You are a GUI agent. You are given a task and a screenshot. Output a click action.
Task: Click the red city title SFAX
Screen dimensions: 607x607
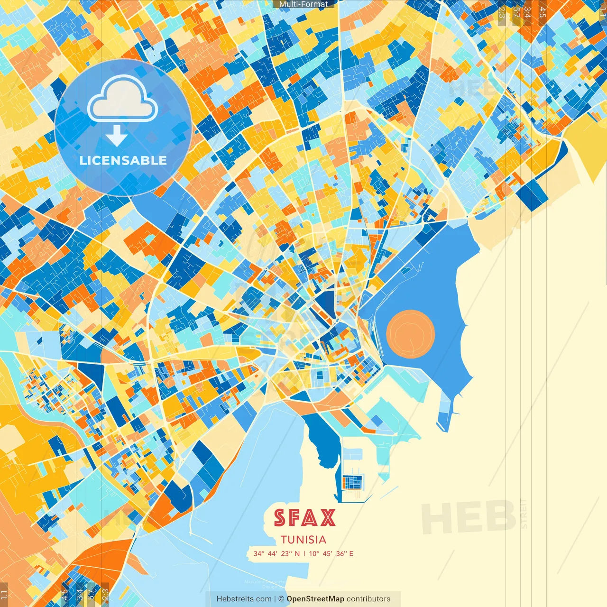(x=304, y=518)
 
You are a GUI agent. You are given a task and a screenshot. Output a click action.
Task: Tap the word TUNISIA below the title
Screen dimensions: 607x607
(x=303, y=540)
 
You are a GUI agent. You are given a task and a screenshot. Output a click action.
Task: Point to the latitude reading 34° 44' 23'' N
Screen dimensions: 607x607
(x=276, y=553)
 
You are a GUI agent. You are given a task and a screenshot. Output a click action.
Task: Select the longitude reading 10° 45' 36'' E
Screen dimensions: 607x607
(x=331, y=553)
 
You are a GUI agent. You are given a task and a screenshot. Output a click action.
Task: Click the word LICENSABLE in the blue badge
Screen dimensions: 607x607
(x=123, y=160)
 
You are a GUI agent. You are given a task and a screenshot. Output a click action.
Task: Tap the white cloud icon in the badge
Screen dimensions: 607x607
(x=122, y=99)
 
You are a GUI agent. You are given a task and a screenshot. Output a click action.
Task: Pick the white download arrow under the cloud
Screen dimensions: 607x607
(x=116, y=136)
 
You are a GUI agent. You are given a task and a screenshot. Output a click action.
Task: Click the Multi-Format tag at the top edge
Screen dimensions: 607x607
(x=303, y=4)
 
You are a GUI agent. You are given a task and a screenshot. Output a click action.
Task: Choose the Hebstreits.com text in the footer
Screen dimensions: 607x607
(x=244, y=599)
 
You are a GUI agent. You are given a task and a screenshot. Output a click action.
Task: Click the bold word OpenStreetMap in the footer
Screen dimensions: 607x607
(x=315, y=599)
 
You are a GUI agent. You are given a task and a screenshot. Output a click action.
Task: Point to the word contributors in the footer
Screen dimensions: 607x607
(x=368, y=599)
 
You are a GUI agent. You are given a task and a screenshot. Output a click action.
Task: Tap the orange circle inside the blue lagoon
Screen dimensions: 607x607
(x=410, y=334)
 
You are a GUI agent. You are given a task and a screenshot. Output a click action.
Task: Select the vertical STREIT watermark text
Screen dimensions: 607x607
(x=524, y=514)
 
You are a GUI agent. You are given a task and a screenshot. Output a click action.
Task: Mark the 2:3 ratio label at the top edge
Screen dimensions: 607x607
(x=502, y=12)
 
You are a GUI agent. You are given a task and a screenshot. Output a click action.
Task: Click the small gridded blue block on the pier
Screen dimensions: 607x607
(x=353, y=482)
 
